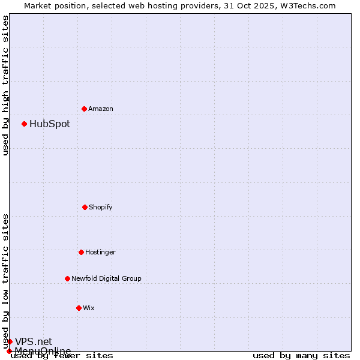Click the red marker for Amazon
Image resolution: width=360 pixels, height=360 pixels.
[x=84, y=109]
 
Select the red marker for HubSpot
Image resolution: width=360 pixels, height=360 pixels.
[x=24, y=124]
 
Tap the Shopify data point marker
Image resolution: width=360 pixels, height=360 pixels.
[x=85, y=207]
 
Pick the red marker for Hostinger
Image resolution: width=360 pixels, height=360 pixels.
[x=81, y=252]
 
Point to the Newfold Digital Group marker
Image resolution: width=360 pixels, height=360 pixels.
[x=67, y=278]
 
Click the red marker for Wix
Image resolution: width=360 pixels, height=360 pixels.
[x=79, y=308]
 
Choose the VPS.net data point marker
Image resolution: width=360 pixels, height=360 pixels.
[x=10, y=341]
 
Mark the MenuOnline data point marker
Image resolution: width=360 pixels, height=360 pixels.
[x=9, y=351]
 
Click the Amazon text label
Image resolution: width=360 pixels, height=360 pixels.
[x=101, y=109]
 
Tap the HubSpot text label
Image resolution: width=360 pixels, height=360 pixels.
[x=50, y=124]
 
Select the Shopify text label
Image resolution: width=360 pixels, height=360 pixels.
[x=101, y=207]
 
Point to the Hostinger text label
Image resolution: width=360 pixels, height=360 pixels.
[x=100, y=252]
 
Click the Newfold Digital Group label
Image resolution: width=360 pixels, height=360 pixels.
[x=107, y=278]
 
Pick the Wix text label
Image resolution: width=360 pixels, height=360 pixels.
[x=89, y=308]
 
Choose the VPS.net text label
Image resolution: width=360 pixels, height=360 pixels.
[x=34, y=341]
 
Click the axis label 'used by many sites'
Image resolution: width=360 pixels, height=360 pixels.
[x=301, y=355]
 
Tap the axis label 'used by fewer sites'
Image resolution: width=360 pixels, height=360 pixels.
[x=62, y=355]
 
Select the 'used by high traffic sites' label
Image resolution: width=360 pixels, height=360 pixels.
[x=5, y=85]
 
